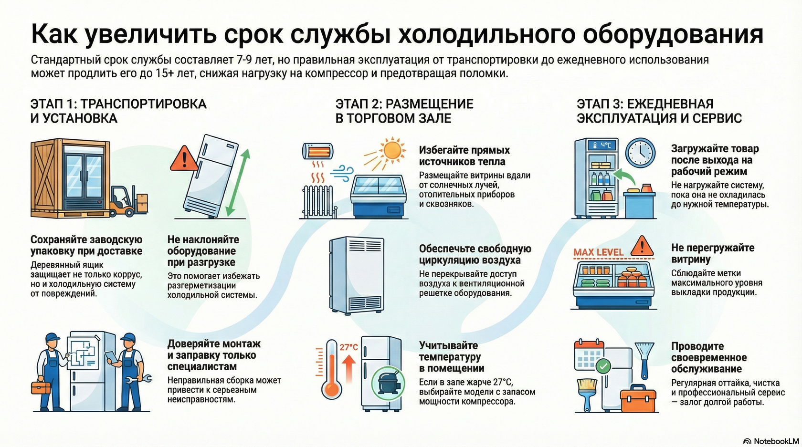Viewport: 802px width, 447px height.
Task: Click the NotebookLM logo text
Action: tap(775, 441)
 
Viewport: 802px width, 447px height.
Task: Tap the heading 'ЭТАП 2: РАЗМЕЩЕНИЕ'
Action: tap(404, 104)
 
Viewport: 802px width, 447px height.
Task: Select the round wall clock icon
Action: tap(640, 153)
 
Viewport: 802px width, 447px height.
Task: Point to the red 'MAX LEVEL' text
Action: tap(598, 252)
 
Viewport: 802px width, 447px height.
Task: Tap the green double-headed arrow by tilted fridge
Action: tap(237, 183)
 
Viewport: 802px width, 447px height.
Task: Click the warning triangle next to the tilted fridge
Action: tap(184, 158)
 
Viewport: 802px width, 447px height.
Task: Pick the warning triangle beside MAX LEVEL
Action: tap(642, 246)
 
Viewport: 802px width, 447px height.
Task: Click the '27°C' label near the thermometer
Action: tap(348, 347)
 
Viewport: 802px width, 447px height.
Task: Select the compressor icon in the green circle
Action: tap(388, 385)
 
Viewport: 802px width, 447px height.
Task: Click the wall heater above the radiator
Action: tap(317, 151)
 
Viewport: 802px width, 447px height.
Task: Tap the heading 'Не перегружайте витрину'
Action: tap(712, 253)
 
